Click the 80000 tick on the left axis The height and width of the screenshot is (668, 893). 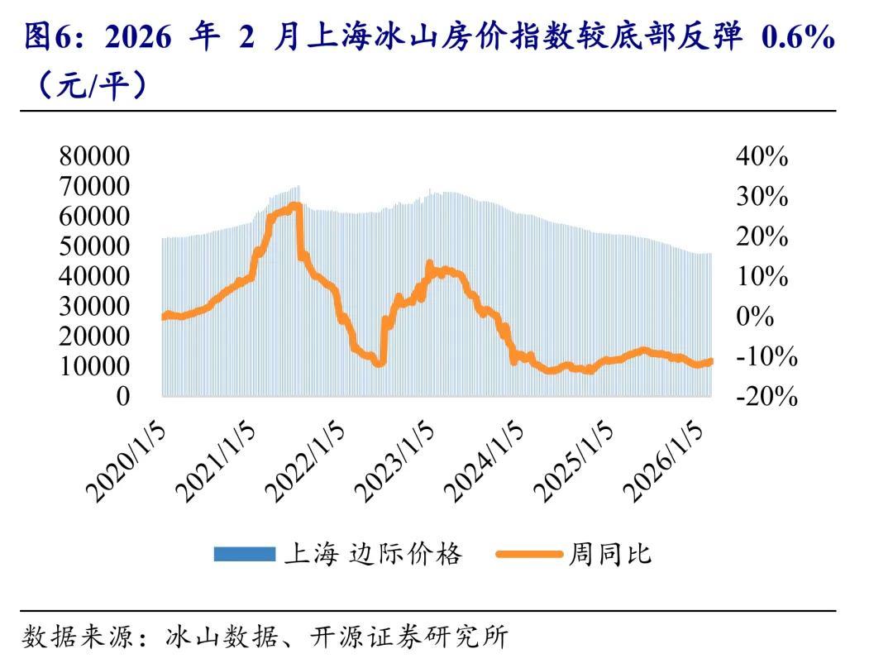94,156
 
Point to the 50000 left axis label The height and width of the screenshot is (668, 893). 94,246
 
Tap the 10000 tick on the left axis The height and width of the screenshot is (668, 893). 94,366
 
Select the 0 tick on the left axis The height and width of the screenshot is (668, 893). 122,396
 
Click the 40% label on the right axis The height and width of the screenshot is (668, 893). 762,156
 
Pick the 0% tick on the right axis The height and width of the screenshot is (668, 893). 755,317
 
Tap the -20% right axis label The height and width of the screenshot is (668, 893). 766,397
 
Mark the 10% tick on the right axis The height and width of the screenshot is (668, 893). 762,277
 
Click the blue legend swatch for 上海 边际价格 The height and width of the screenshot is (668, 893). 244,554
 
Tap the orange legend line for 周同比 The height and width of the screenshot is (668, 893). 529,554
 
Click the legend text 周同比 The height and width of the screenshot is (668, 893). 609,554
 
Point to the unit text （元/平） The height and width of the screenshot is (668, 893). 91,85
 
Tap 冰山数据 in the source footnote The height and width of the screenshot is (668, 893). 211,637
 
